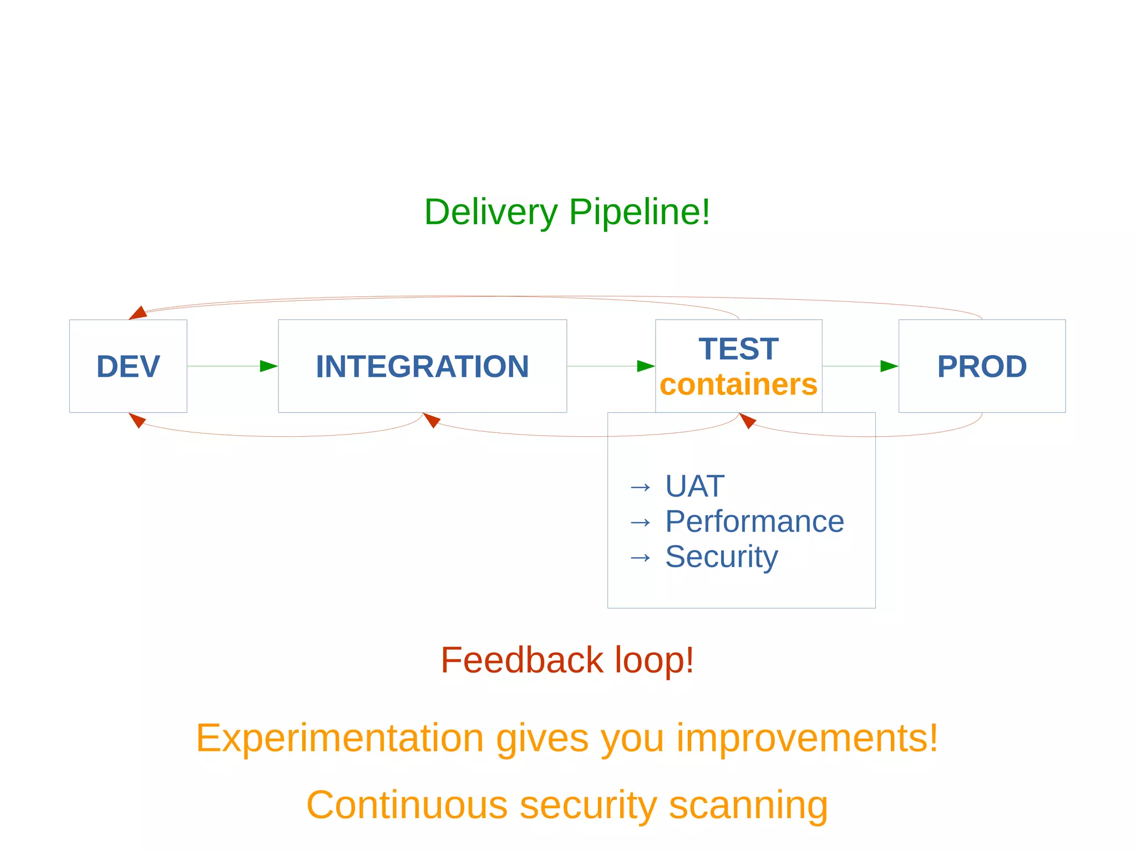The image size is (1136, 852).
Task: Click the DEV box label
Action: point(128,366)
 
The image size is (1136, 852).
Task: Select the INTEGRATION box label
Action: point(422,366)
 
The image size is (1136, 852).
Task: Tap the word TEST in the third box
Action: point(738,349)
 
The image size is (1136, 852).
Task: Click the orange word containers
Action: point(738,385)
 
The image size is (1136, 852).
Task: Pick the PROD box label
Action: point(982,366)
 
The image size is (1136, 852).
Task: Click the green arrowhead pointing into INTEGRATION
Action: point(269,366)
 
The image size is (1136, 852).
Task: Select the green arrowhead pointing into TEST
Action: point(646,366)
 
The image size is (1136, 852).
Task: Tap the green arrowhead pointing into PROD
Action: point(889,366)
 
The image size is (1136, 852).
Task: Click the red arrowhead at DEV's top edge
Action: point(138,314)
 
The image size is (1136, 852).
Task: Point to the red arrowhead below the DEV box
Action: point(136,420)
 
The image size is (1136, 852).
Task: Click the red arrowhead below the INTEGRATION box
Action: point(431,420)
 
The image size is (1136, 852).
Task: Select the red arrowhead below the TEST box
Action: point(747,420)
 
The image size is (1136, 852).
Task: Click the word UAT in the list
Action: point(694,486)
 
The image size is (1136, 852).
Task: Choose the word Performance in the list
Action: point(754,521)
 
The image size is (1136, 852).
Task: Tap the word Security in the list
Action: point(721,556)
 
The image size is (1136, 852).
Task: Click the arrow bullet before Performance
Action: point(641,522)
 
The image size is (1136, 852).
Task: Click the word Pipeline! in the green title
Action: point(639,212)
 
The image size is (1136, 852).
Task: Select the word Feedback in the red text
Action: point(521,660)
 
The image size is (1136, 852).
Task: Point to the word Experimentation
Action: point(340,738)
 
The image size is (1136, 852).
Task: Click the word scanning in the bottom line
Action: point(748,805)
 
